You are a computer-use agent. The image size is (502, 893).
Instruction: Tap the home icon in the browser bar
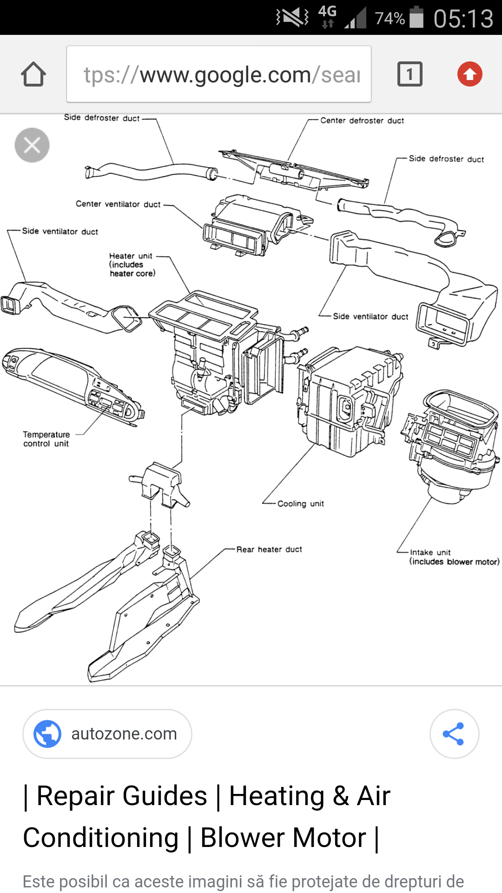[33, 74]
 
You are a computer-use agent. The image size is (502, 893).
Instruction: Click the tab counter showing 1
[410, 74]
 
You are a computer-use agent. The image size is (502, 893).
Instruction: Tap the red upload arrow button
[469, 74]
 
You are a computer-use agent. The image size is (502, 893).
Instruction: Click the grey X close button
[32, 145]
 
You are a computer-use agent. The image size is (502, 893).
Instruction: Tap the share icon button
[454, 733]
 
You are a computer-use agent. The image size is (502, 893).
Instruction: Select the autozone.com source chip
[107, 733]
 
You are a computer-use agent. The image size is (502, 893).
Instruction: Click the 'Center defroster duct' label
[362, 120]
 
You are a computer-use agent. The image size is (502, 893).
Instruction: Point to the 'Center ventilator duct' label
[118, 204]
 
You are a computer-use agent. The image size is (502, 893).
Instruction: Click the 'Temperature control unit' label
[46, 439]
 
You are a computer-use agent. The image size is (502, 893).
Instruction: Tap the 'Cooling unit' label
[300, 503]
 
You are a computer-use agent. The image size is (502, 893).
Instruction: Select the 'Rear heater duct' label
[269, 549]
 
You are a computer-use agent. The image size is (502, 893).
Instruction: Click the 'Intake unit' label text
[430, 552]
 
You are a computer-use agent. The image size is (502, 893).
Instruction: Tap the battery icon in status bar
[416, 18]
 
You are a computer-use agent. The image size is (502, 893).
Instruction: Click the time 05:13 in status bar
[463, 19]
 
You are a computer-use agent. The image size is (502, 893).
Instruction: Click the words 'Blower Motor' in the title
[283, 838]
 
